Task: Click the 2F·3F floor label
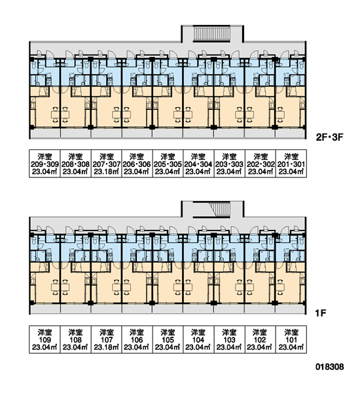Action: click(329, 138)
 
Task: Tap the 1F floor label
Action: click(321, 313)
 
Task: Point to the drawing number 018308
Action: click(329, 367)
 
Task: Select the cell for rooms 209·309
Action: click(45, 164)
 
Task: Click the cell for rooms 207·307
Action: click(106, 164)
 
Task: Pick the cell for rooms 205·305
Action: click(168, 164)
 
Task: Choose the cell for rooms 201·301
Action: click(291, 164)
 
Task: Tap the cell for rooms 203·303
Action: click(230, 164)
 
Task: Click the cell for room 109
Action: click(45, 339)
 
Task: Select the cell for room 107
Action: click(106, 339)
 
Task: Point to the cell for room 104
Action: click(199, 339)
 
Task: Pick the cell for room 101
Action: click(291, 339)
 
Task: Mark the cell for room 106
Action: click(137, 339)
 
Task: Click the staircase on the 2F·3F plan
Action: click(212, 34)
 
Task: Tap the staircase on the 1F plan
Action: click(220, 210)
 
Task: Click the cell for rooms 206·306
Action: click(137, 164)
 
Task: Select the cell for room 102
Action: click(261, 339)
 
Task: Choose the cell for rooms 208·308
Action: click(76, 164)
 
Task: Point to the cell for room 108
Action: click(76, 339)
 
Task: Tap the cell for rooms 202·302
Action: click(261, 164)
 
